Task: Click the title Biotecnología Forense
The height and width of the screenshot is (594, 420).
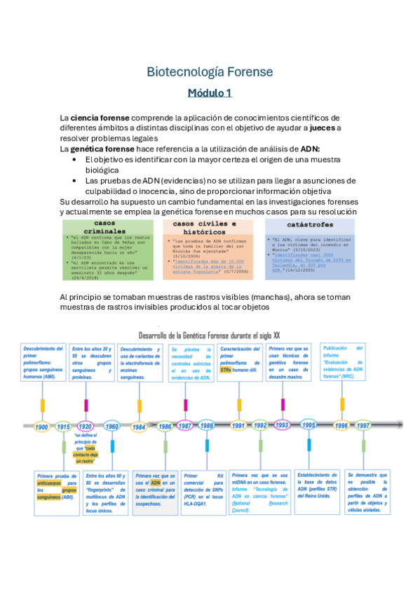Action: tap(210, 72)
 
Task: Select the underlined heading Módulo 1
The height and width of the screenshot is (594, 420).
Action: tap(210, 92)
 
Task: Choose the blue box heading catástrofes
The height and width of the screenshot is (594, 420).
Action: tap(309, 226)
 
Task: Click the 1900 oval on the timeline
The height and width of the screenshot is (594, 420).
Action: tap(42, 426)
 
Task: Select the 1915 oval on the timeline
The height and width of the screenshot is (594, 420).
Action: tap(63, 426)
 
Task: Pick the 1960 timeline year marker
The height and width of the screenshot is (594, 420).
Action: tap(111, 426)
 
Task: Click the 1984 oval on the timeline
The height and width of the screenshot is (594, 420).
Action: tap(140, 426)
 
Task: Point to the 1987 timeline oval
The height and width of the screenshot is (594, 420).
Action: tap(186, 426)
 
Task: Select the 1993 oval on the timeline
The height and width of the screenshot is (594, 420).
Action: tap(282, 425)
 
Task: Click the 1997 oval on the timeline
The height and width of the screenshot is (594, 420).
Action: tap(363, 425)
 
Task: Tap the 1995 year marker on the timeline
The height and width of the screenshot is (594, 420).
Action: tap(309, 425)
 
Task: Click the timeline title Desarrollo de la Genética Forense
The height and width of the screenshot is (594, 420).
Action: tap(209, 336)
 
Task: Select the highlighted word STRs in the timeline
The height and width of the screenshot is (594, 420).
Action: tap(225, 370)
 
